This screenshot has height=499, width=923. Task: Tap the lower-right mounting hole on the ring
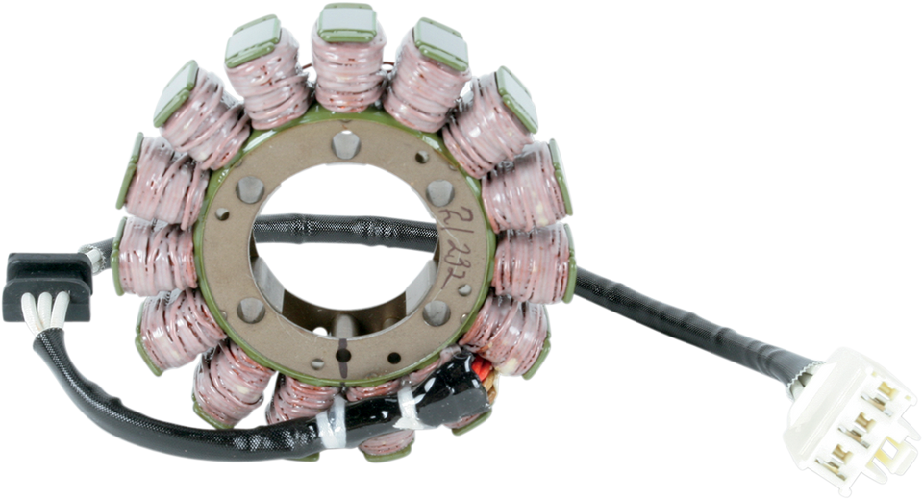click(436, 310)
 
